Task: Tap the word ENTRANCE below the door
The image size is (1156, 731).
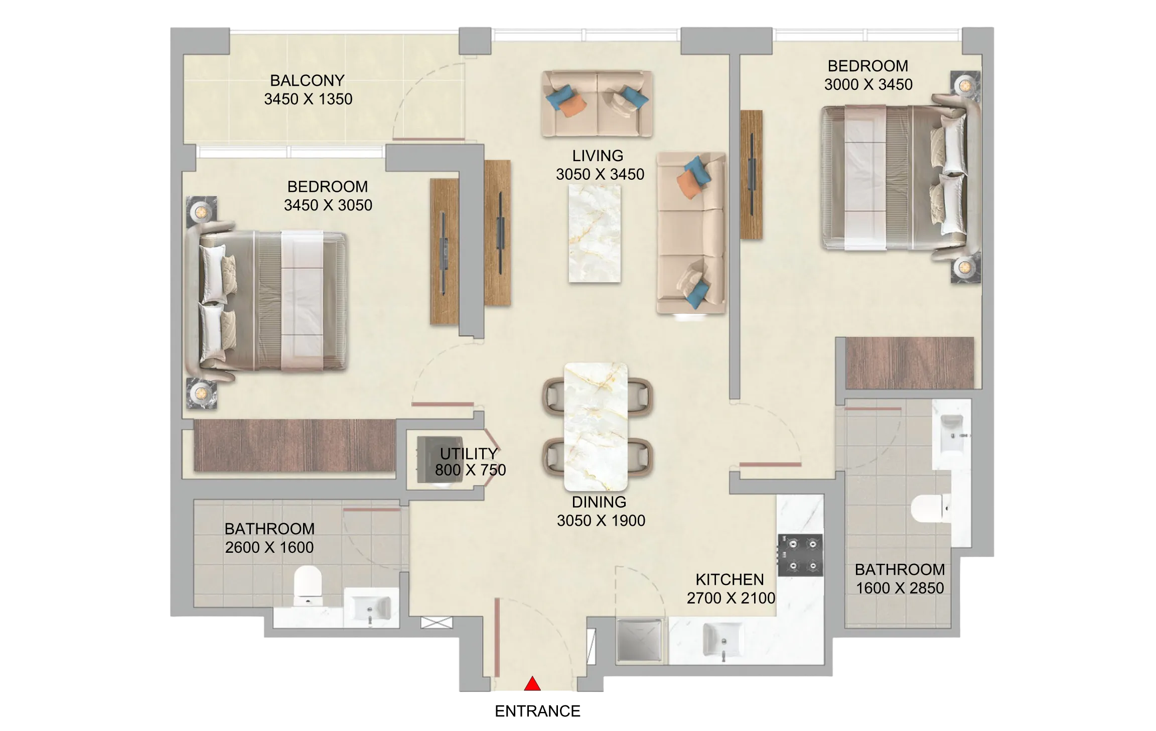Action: (x=537, y=711)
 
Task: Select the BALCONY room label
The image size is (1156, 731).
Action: (x=307, y=80)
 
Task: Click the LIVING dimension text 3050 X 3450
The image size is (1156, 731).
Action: (x=600, y=174)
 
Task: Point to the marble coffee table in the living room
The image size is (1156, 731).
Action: (x=595, y=233)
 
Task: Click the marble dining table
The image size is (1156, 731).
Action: (x=596, y=427)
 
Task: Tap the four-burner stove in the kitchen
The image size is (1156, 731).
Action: (x=800, y=555)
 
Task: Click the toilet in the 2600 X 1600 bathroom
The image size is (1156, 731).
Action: (x=307, y=585)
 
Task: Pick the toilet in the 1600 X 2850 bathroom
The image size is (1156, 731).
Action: (x=931, y=509)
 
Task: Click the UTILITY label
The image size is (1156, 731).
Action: (x=469, y=453)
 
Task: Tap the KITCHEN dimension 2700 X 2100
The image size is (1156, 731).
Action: (x=731, y=598)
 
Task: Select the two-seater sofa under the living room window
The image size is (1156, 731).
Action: (x=597, y=103)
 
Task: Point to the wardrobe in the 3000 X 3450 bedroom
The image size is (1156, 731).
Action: (x=910, y=362)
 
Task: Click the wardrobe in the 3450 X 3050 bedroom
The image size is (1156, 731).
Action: (x=295, y=445)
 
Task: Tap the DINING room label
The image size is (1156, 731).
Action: (x=599, y=502)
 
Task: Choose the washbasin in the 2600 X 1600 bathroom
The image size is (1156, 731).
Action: (x=371, y=608)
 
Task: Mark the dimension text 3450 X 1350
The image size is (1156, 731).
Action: (x=308, y=99)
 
